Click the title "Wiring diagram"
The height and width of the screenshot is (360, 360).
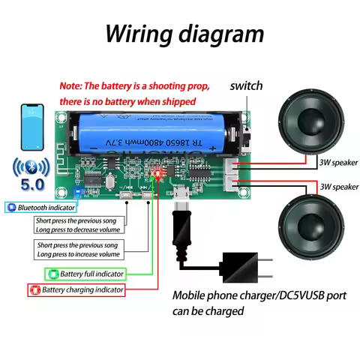click(184, 34)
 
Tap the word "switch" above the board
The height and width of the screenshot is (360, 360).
click(246, 85)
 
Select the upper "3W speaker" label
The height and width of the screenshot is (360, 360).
click(339, 161)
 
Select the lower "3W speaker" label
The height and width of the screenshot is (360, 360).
click(339, 186)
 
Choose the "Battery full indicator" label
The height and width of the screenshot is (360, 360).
click(82, 274)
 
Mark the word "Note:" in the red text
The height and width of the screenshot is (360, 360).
click(73, 86)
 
